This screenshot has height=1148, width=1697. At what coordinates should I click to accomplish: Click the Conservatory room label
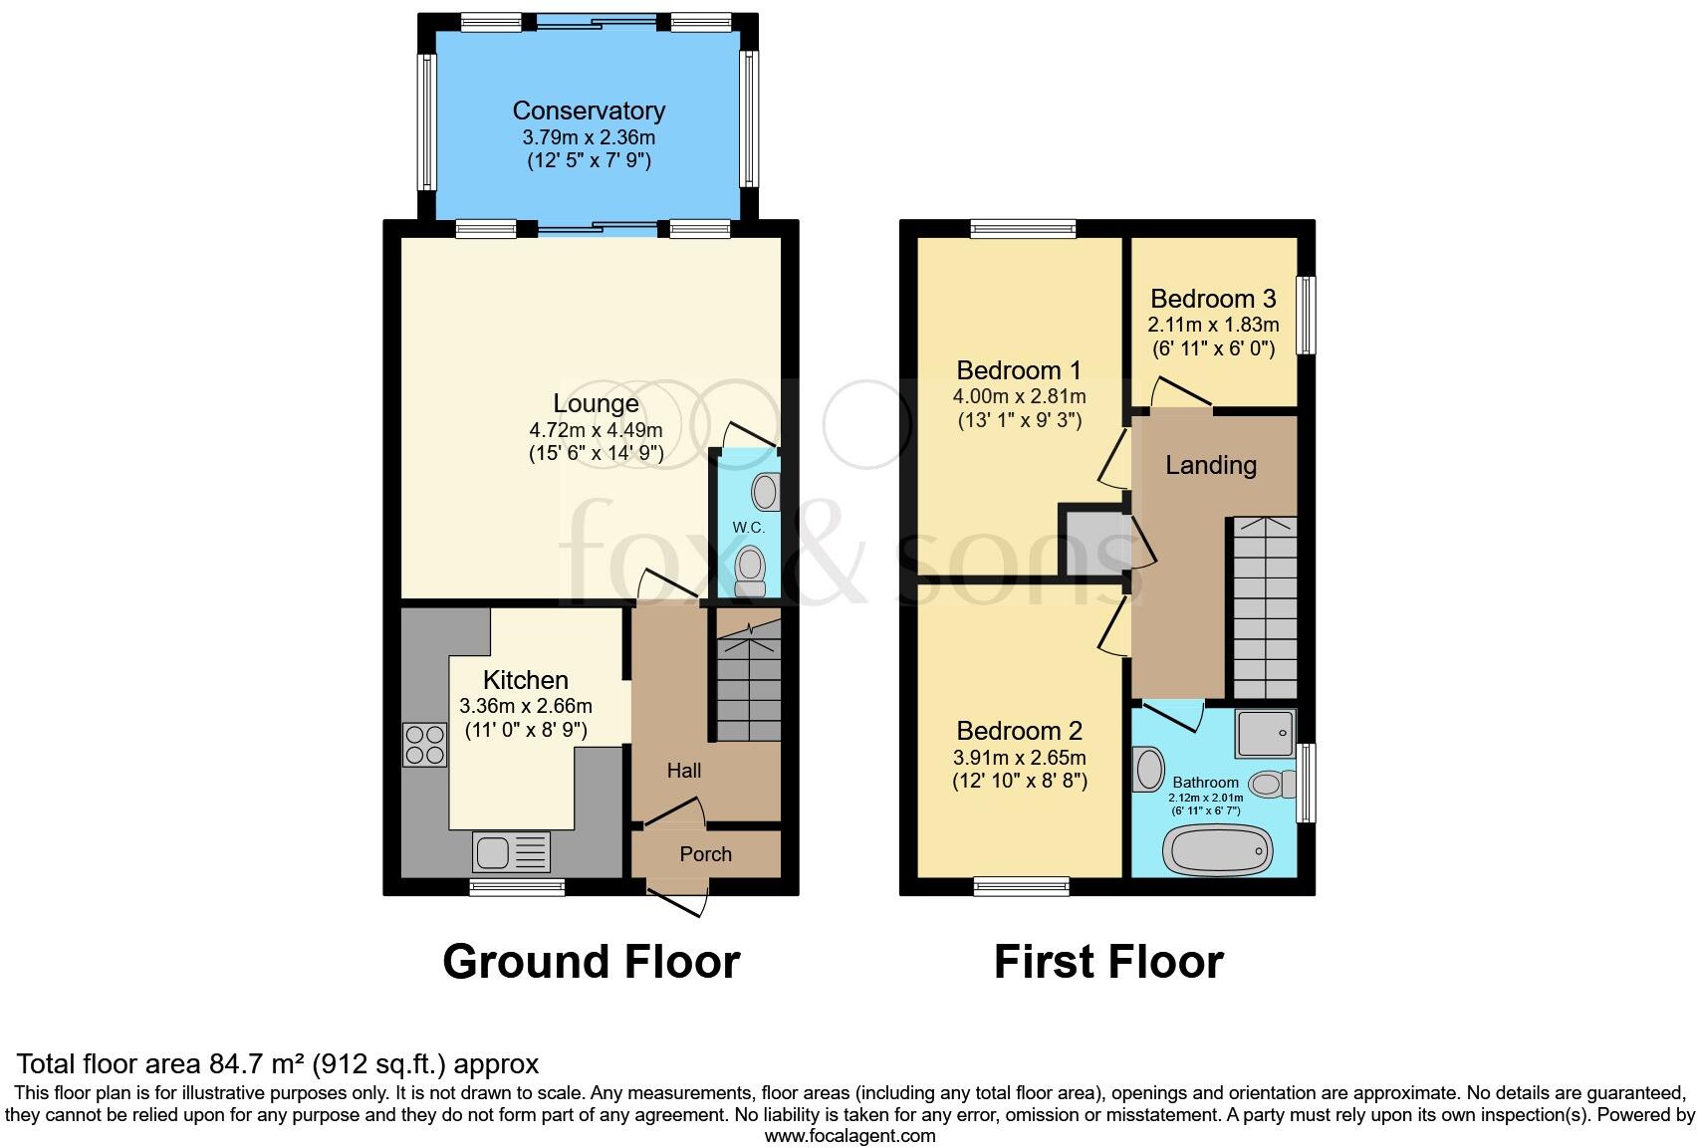(x=588, y=111)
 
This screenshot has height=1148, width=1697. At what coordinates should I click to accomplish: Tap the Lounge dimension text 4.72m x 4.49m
(x=596, y=430)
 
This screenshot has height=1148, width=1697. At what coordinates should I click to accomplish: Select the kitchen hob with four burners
(x=424, y=745)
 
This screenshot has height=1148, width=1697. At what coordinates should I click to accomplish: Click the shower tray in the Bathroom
(x=1265, y=734)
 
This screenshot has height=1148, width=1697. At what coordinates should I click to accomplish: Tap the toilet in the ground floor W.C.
(x=750, y=571)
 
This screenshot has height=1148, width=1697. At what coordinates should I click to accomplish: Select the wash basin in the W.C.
(x=765, y=491)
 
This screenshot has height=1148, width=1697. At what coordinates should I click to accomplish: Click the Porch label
(x=705, y=854)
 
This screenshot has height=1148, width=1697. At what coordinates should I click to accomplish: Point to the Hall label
(x=683, y=770)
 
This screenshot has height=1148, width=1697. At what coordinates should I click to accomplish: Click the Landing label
(x=1211, y=465)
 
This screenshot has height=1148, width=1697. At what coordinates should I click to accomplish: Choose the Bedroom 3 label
(x=1213, y=299)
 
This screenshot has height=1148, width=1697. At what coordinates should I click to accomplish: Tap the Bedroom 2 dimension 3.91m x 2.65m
(x=1019, y=757)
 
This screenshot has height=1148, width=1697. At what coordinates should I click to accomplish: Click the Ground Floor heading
(x=591, y=962)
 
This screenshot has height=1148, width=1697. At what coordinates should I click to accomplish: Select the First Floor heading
(x=1108, y=962)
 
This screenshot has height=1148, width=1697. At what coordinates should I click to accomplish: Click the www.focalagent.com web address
(x=849, y=1135)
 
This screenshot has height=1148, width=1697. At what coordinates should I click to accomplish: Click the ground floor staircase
(x=748, y=687)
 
